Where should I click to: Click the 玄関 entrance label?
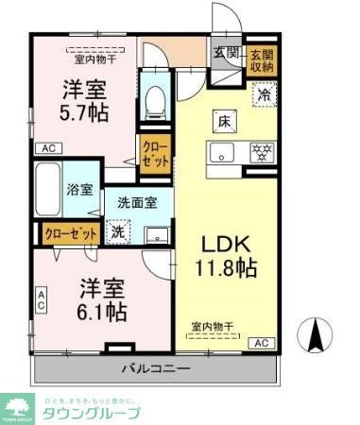point(226,53)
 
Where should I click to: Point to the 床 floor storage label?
point(225,122)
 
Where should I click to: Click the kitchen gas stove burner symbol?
point(262,150)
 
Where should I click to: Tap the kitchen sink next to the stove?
point(228,150)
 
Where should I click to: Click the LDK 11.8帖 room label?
point(227,253)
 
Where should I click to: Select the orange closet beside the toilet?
point(155,153)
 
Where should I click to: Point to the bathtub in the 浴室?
point(47,189)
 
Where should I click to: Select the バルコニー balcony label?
point(156,368)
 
